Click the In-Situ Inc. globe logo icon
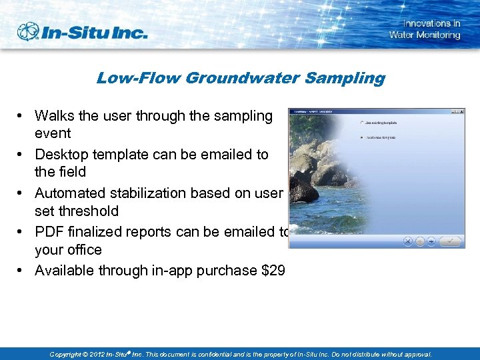pos(29,31)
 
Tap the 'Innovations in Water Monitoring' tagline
pos(425,29)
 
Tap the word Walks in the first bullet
pos(54,115)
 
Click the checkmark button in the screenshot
pos(451,241)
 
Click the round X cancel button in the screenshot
pos(408,241)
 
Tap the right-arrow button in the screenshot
pos(431,241)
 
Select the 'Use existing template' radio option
pos(361,123)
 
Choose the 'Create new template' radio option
pos(361,137)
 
